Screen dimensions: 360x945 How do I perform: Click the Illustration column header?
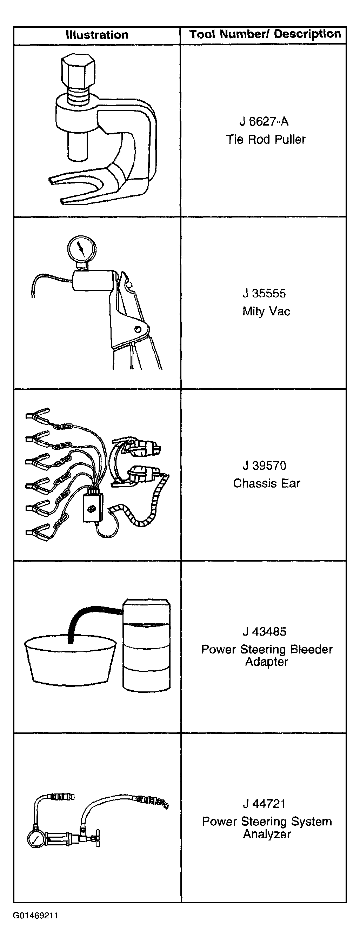click(97, 35)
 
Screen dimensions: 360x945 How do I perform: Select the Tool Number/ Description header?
click(265, 34)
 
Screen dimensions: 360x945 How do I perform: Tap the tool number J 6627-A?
click(264, 121)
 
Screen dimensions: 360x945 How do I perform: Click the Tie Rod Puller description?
click(266, 139)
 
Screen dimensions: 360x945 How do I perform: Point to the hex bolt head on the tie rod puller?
click(78, 71)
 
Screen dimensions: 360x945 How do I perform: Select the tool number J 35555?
click(264, 293)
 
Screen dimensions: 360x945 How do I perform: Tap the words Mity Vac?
click(266, 311)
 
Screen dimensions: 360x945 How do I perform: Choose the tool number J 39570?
click(264, 465)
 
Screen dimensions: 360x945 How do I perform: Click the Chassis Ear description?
click(266, 483)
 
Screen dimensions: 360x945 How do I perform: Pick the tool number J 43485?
click(264, 631)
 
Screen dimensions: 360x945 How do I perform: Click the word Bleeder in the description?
click(311, 649)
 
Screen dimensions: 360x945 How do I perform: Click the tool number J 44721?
click(264, 803)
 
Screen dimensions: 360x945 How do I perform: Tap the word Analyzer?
click(267, 834)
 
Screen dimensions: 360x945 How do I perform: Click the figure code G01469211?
click(35, 915)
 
